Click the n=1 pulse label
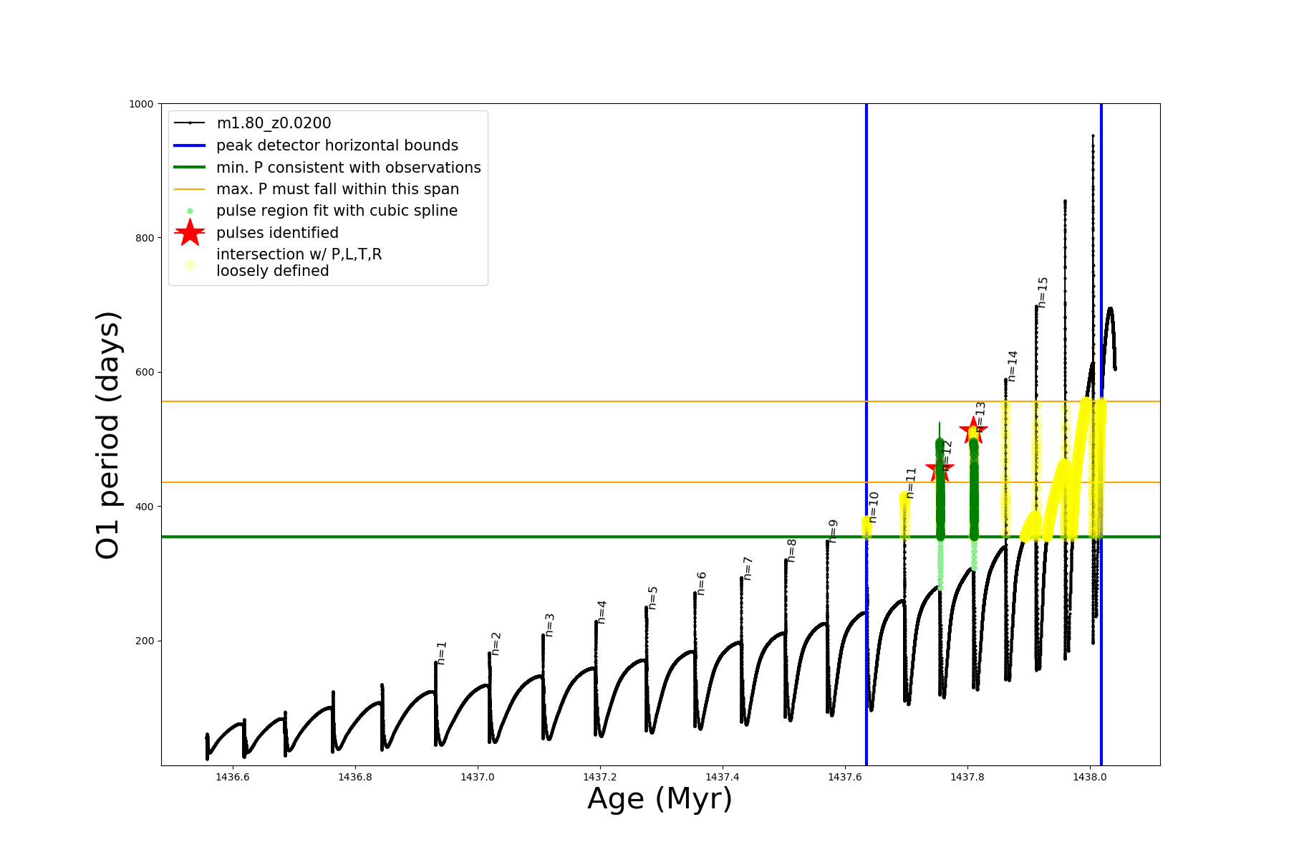442,653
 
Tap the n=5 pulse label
652,598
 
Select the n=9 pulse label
833,531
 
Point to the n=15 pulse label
1043,292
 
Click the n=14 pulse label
1012,366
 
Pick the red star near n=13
973,431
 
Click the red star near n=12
939,470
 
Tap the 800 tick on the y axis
145,238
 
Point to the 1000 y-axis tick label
142,104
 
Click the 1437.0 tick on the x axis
478,777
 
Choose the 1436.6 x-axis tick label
233,777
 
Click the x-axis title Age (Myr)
660,799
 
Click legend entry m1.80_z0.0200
274,123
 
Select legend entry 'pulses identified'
277,233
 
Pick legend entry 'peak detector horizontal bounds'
337,145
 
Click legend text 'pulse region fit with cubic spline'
337,211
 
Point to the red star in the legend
190,233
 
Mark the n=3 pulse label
549,625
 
